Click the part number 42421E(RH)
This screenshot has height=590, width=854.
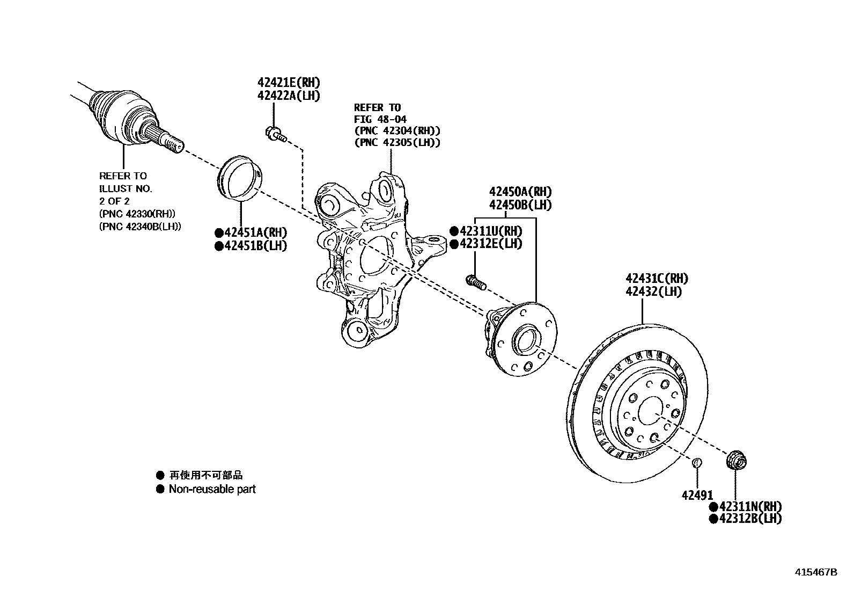click(x=289, y=83)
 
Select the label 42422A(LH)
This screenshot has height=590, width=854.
click(x=289, y=96)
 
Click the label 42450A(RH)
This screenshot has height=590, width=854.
click(x=520, y=192)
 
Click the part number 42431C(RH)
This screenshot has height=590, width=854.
click(x=657, y=279)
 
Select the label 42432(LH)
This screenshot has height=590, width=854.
click(x=653, y=292)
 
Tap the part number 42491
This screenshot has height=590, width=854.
click(x=697, y=495)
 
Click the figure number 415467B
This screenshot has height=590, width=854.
click(x=816, y=572)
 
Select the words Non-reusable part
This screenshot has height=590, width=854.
click(x=212, y=489)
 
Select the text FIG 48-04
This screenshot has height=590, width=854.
click(x=380, y=119)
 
